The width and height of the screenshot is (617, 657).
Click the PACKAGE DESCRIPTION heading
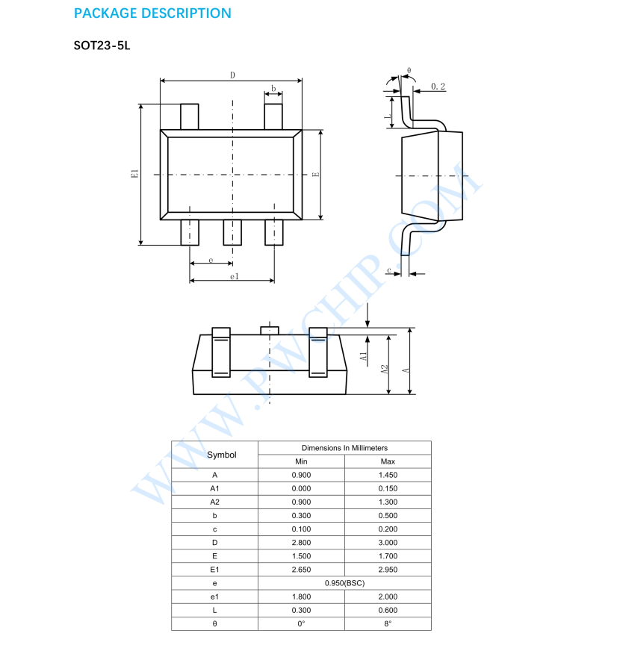(152, 13)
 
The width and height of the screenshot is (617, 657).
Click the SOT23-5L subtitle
(102, 46)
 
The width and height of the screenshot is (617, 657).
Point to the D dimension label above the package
(232, 75)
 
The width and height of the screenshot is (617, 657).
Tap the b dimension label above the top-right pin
(273, 88)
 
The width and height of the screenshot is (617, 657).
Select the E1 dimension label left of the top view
(134, 174)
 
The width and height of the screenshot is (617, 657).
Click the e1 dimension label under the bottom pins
(235, 276)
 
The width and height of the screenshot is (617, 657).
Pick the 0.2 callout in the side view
(438, 87)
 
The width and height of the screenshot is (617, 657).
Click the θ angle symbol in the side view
(409, 70)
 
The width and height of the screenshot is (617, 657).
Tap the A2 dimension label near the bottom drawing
(385, 370)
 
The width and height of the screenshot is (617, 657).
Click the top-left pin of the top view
(190, 117)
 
